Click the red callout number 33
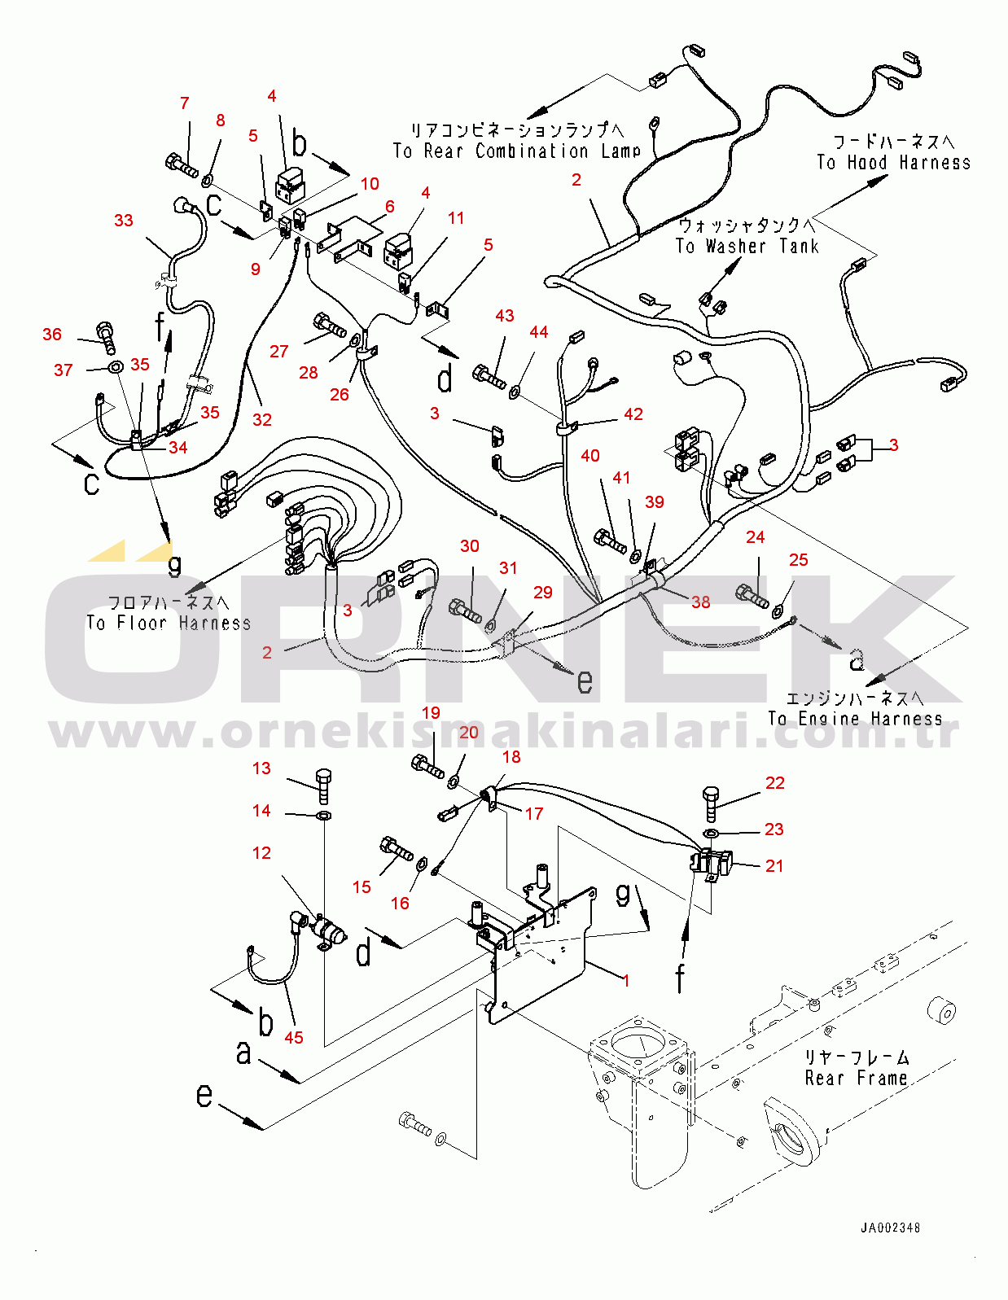124,221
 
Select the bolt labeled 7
181,164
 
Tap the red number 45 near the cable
294,1037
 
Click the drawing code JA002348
891,1228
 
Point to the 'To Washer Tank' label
747,246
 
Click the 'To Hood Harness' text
893,162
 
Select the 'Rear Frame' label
856,1078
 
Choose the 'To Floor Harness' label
169,623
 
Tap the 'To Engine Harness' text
855,719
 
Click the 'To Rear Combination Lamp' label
516,151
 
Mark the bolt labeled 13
323,785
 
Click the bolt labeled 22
710,803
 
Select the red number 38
700,602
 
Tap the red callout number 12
261,853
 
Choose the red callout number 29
542,593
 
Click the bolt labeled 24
752,596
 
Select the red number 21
774,866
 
